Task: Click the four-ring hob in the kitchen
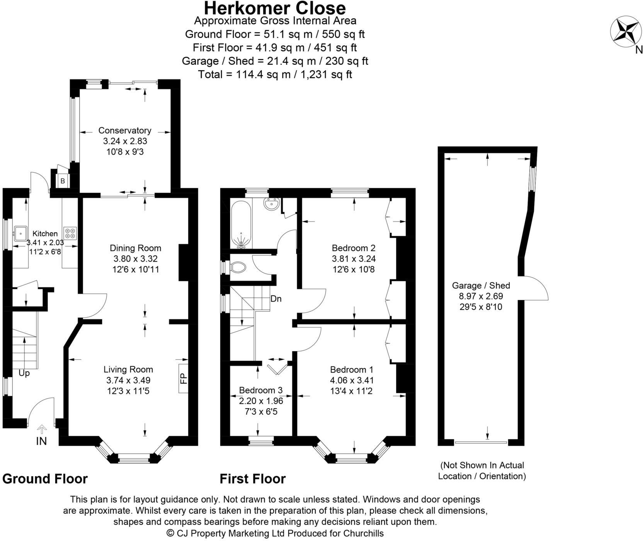click(x=71, y=233)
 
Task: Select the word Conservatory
click(x=125, y=131)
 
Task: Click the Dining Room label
click(x=135, y=248)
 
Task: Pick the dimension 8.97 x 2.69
click(x=481, y=296)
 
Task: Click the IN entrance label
click(x=41, y=441)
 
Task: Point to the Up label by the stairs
click(x=24, y=374)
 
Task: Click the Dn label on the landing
click(x=276, y=299)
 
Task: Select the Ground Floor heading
click(x=45, y=479)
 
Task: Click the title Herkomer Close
click(x=275, y=8)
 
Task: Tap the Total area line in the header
click(x=275, y=74)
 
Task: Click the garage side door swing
click(x=534, y=288)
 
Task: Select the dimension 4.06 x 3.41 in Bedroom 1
click(x=352, y=380)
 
